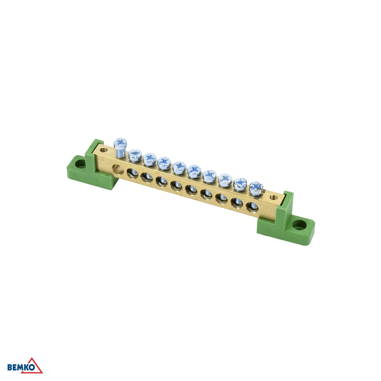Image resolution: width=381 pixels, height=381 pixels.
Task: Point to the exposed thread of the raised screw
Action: pos(120,153)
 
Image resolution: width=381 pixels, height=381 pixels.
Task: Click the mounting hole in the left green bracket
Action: pos(81,165)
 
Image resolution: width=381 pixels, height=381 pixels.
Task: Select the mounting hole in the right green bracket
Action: pos(299,225)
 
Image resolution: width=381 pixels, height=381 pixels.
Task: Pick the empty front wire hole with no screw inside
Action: pos(118,170)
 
